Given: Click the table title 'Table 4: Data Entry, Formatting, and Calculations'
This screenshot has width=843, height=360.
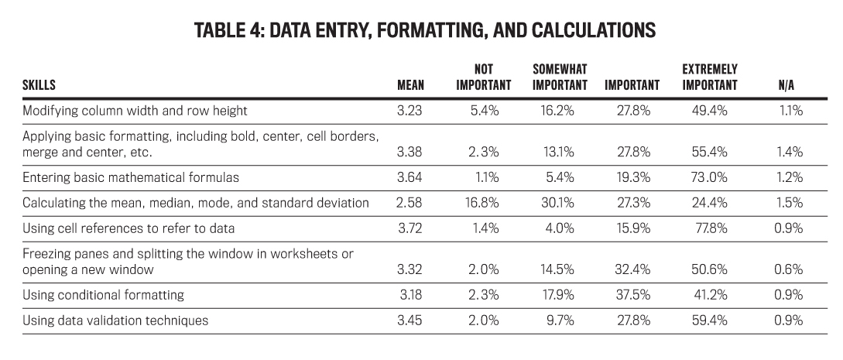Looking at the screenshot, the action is (x=425, y=30).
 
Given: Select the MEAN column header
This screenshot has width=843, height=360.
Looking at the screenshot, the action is (x=410, y=85).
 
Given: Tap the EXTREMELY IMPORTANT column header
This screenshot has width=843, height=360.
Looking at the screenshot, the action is (x=710, y=77).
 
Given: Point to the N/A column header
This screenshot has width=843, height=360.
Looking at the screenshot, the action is (x=786, y=85).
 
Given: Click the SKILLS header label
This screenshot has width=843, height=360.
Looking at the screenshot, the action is (x=39, y=85).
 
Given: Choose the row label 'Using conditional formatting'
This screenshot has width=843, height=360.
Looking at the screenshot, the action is (x=103, y=295).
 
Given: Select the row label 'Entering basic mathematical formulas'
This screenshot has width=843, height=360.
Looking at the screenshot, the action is (x=131, y=177).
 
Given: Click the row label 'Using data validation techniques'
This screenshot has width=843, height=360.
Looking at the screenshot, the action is (x=115, y=321).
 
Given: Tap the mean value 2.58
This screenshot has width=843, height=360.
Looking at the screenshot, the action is (x=410, y=203).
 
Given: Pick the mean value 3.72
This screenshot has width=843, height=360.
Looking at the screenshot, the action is (x=410, y=228).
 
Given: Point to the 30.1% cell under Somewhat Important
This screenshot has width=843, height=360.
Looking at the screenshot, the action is (x=557, y=203).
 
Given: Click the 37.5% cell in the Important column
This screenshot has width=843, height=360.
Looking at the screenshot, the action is (x=632, y=295).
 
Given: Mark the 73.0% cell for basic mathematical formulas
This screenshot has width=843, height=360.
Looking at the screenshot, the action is (x=709, y=177).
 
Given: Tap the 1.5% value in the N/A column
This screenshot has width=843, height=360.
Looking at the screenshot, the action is (x=790, y=203).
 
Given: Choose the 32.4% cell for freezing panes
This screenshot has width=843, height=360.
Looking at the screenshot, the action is (x=632, y=269).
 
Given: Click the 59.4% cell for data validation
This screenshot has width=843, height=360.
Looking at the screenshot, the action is (x=709, y=321).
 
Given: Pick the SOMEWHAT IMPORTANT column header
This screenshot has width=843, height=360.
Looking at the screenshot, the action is (x=560, y=77).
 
